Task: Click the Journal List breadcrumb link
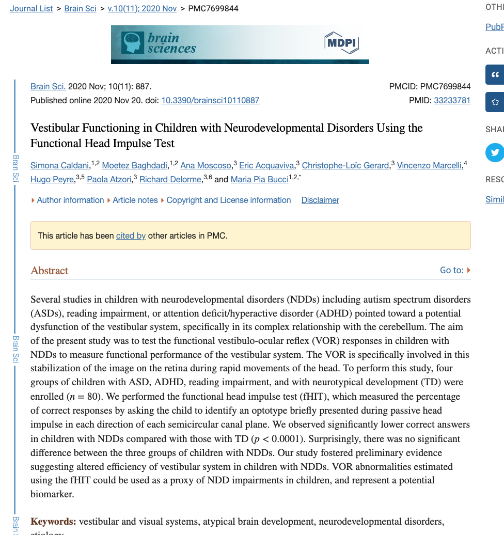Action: pyautogui.click(x=31, y=9)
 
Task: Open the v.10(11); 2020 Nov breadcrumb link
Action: pyautogui.click(x=142, y=9)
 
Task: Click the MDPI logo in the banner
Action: pyautogui.click(x=341, y=43)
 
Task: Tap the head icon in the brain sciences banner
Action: pyautogui.click(x=132, y=43)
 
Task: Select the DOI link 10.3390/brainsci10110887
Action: pyautogui.click(x=210, y=101)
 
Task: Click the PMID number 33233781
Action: pyautogui.click(x=452, y=101)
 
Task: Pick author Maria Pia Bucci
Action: pyautogui.click(x=260, y=180)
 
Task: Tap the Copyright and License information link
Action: pyautogui.click(x=228, y=200)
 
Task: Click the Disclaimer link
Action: pyautogui.click(x=320, y=200)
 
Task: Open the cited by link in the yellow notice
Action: pyautogui.click(x=131, y=236)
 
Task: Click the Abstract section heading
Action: pyautogui.click(x=50, y=271)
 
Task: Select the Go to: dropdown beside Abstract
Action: pyautogui.click(x=455, y=270)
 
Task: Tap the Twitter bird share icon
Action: pyautogui.click(x=495, y=153)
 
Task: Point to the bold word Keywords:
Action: pyautogui.click(x=53, y=522)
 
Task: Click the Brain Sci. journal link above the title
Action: pyautogui.click(x=48, y=87)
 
